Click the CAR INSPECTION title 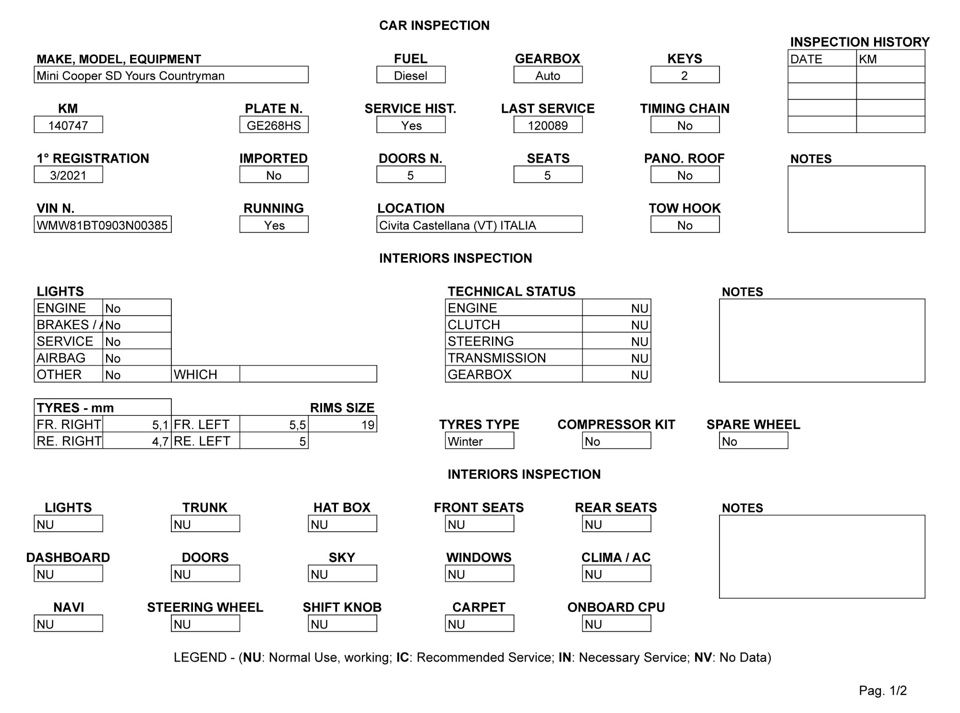tap(434, 25)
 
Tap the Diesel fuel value tap(410, 76)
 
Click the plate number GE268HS tap(274, 126)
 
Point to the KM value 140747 tap(68, 126)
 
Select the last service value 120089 tap(548, 126)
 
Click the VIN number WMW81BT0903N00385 tap(102, 226)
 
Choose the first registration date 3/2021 tap(68, 176)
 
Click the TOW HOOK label tap(684, 208)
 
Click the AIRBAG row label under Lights tap(61, 358)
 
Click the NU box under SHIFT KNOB tap(342, 624)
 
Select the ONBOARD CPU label tap(616, 607)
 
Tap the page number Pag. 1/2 tap(883, 690)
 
